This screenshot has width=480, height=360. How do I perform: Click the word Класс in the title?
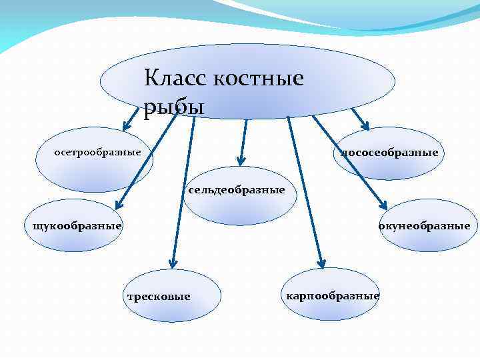pos(176,79)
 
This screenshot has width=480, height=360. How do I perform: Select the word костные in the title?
pos(259,79)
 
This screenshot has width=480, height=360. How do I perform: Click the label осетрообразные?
pos(97,153)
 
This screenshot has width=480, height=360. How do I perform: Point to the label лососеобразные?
pos(389,153)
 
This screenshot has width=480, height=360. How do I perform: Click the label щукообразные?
pos(73,226)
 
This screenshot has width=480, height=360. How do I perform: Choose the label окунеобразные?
pos(424,226)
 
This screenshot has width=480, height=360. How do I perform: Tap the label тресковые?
pos(158,296)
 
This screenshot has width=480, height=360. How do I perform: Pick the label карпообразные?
pos(332,295)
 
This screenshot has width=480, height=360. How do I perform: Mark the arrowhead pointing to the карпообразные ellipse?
pos(321,263)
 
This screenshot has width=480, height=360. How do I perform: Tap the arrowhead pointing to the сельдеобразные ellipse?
pos(241,160)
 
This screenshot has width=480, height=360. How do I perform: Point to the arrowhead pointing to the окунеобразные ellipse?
pos(385,205)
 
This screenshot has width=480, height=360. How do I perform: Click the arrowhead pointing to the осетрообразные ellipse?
pos(125,125)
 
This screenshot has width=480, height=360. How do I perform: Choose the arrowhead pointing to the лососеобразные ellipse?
pos(365,124)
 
